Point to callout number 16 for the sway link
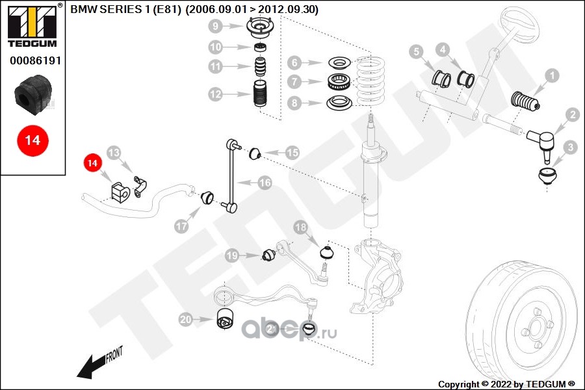[x=265, y=183]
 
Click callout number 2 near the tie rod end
[x=572, y=116]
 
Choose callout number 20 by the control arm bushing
[x=186, y=319]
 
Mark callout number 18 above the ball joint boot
[x=300, y=227]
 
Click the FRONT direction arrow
[x=97, y=364]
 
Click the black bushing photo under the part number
[x=32, y=94]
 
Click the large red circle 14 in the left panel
[x=32, y=140]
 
